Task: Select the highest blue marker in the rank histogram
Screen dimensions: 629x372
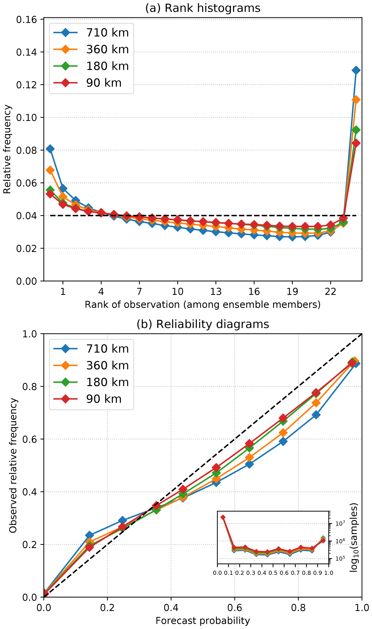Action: coord(356,70)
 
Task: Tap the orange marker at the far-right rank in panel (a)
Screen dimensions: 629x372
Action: coord(356,100)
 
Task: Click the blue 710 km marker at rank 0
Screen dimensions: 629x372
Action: coord(50,149)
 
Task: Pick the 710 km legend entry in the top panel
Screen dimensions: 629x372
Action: coord(91,33)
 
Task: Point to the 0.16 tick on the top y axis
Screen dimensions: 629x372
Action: coord(26,20)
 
